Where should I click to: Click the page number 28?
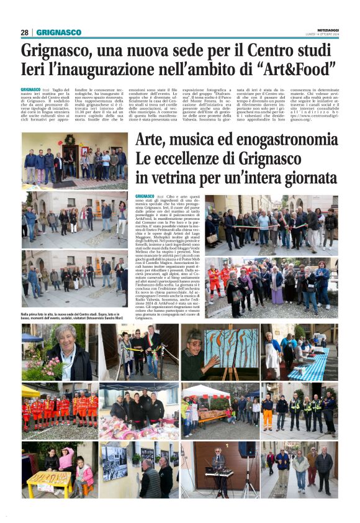pyautogui.click(x=25, y=32)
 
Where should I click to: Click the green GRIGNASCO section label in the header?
pyautogui.click(x=58, y=32)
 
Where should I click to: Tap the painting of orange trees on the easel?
pyautogui.click(x=231, y=348)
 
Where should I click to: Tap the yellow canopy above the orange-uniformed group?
pyautogui.click(x=30, y=391)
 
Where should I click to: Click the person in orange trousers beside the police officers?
pyautogui.click(x=268, y=414)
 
